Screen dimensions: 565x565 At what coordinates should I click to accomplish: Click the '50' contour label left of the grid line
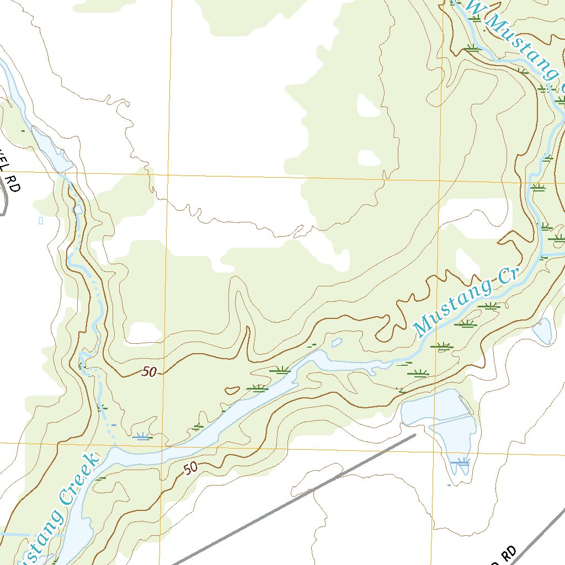pyautogui.click(x=148, y=372)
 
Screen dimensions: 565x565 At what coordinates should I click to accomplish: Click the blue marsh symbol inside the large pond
pyautogui.click(x=460, y=462)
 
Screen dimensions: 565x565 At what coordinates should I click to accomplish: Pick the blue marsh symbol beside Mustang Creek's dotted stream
pyautogui.click(x=142, y=438)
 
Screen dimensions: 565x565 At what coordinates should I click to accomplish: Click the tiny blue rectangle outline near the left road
pyautogui.click(x=41, y=221)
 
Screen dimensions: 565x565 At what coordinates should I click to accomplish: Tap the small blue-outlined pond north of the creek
pyautogui.click(x=336, y=343)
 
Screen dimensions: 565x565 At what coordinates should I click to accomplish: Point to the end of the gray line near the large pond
pyautogui.click(x=414, y=435)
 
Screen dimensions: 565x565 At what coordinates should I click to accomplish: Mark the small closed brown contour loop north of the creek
pyautogui.click(x=232, y=391)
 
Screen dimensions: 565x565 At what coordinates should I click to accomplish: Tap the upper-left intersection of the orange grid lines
pyautogui.click(x=168, y=175)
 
